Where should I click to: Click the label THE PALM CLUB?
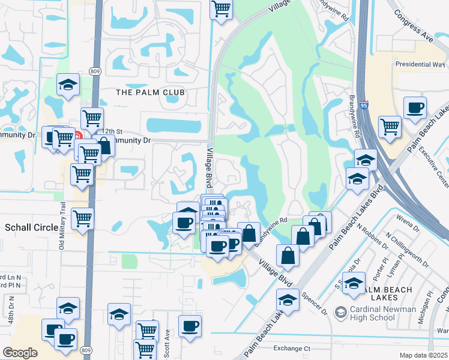tap(150, 92)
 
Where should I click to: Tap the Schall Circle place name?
tap(30, 227)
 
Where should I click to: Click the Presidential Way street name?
tap(420, 64)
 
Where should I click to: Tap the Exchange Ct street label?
tap(291, 348)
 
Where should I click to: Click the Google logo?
tap(20, 353)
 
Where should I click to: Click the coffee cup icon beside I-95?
tap(415, 109)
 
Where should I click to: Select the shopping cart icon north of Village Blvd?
tap(221, 9)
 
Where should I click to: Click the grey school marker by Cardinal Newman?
tap(341, 313)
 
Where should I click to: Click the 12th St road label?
tap(112, 131)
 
